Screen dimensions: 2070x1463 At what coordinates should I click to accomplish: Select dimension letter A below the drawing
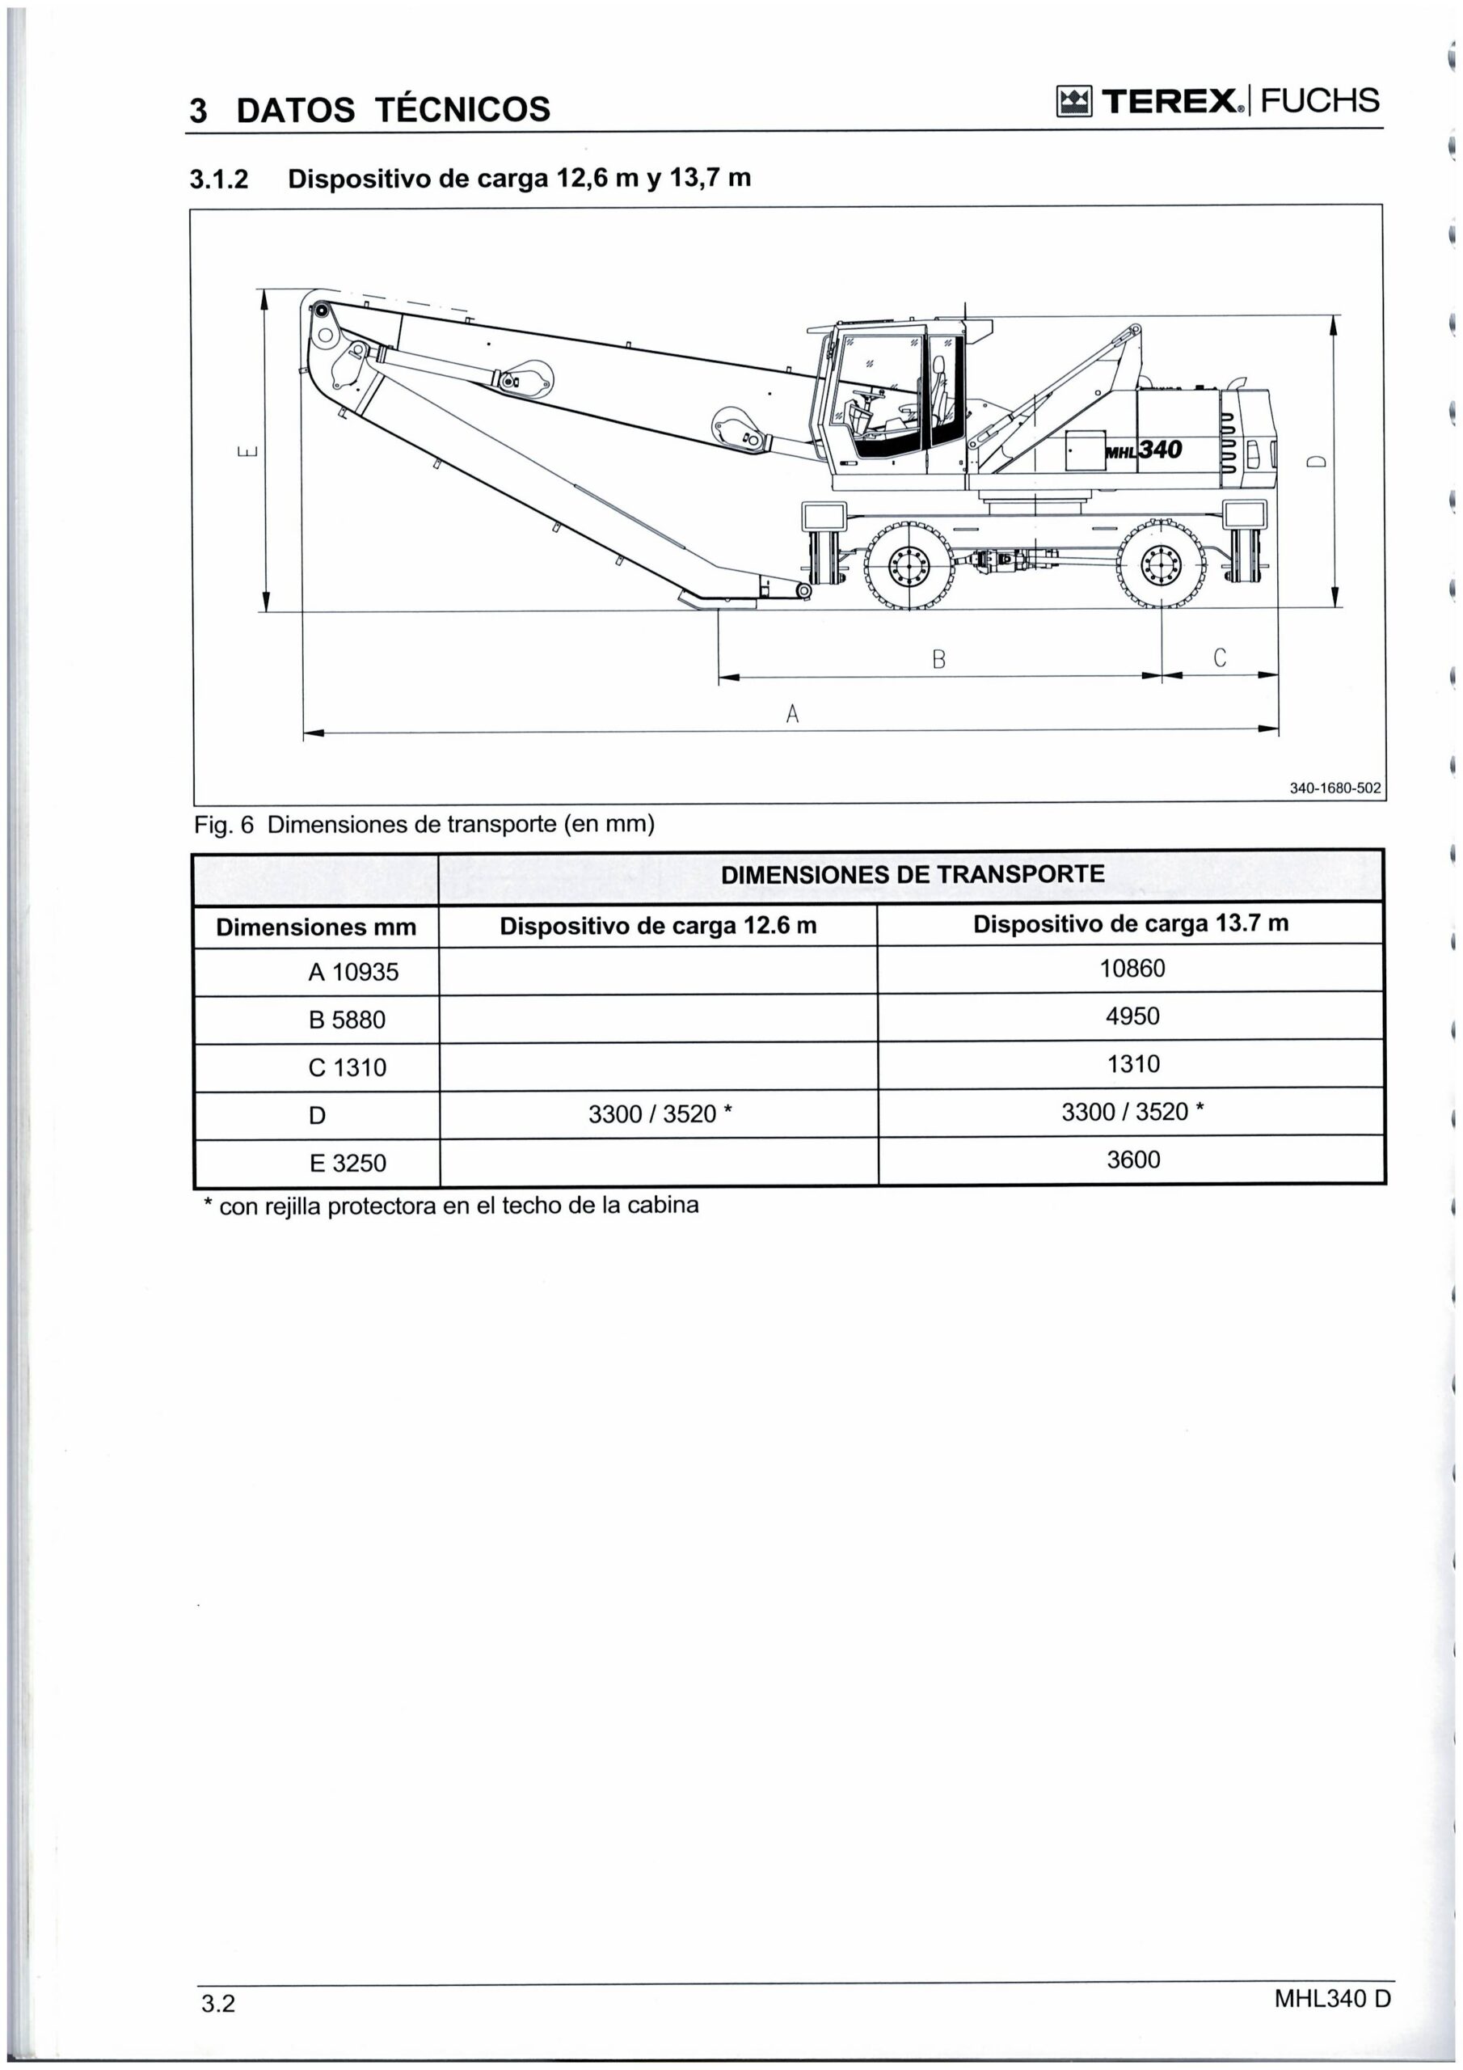pyautogui.click(x=792, y=714)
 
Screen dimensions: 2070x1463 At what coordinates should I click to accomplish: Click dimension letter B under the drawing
pyautogui.click(x=938, y=659)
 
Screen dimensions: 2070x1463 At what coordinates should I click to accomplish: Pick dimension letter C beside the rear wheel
pyautogui.click(x=1220, y=657)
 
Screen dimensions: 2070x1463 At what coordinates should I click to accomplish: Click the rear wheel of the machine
pyautogui.click(x=1162, y=565)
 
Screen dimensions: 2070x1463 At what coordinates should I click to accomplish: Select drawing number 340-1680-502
pyautogui.click(x=1334, y=788)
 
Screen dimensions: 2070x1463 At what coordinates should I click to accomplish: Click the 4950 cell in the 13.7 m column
pyautogui.click(x=1132, y=1016)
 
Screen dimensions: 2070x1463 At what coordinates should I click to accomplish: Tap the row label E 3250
pyautogui.click(x=347, y=1163)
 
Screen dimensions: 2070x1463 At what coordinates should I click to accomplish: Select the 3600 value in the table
pyautogui.click(x=1133, y=1160)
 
